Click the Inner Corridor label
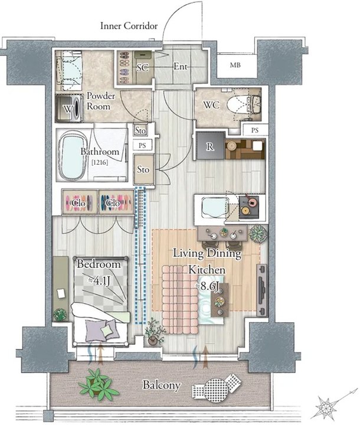(129, 26)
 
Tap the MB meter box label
(235, 65)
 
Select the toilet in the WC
(243, 104)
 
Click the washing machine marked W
(70, 108)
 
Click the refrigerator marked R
(210, 146)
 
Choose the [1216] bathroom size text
(100, 163)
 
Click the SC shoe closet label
(143, 67)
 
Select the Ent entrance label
(180, 66)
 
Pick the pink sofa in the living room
(180, 300)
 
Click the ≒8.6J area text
(207, 286)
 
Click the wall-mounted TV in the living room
(261, 290)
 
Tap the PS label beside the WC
(255, 130)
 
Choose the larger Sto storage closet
(143, 169)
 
